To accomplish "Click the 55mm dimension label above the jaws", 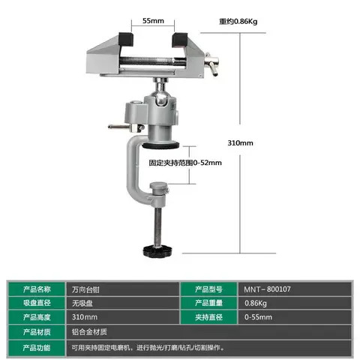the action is point(153,21).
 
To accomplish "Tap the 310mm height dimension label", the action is point(240,143).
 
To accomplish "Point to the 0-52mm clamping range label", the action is point(185,163).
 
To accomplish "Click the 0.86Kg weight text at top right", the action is point(238,22).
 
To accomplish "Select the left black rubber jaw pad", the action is point(126,39).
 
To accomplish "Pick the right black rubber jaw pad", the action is point(180,40).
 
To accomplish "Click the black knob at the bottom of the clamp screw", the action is point(157,250).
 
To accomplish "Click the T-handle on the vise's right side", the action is point(212,64).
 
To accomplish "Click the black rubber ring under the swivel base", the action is point(160,145).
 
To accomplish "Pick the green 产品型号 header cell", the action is point(208,289).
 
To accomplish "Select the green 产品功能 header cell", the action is point(37,348).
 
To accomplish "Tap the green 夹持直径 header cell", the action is point(208,317).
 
